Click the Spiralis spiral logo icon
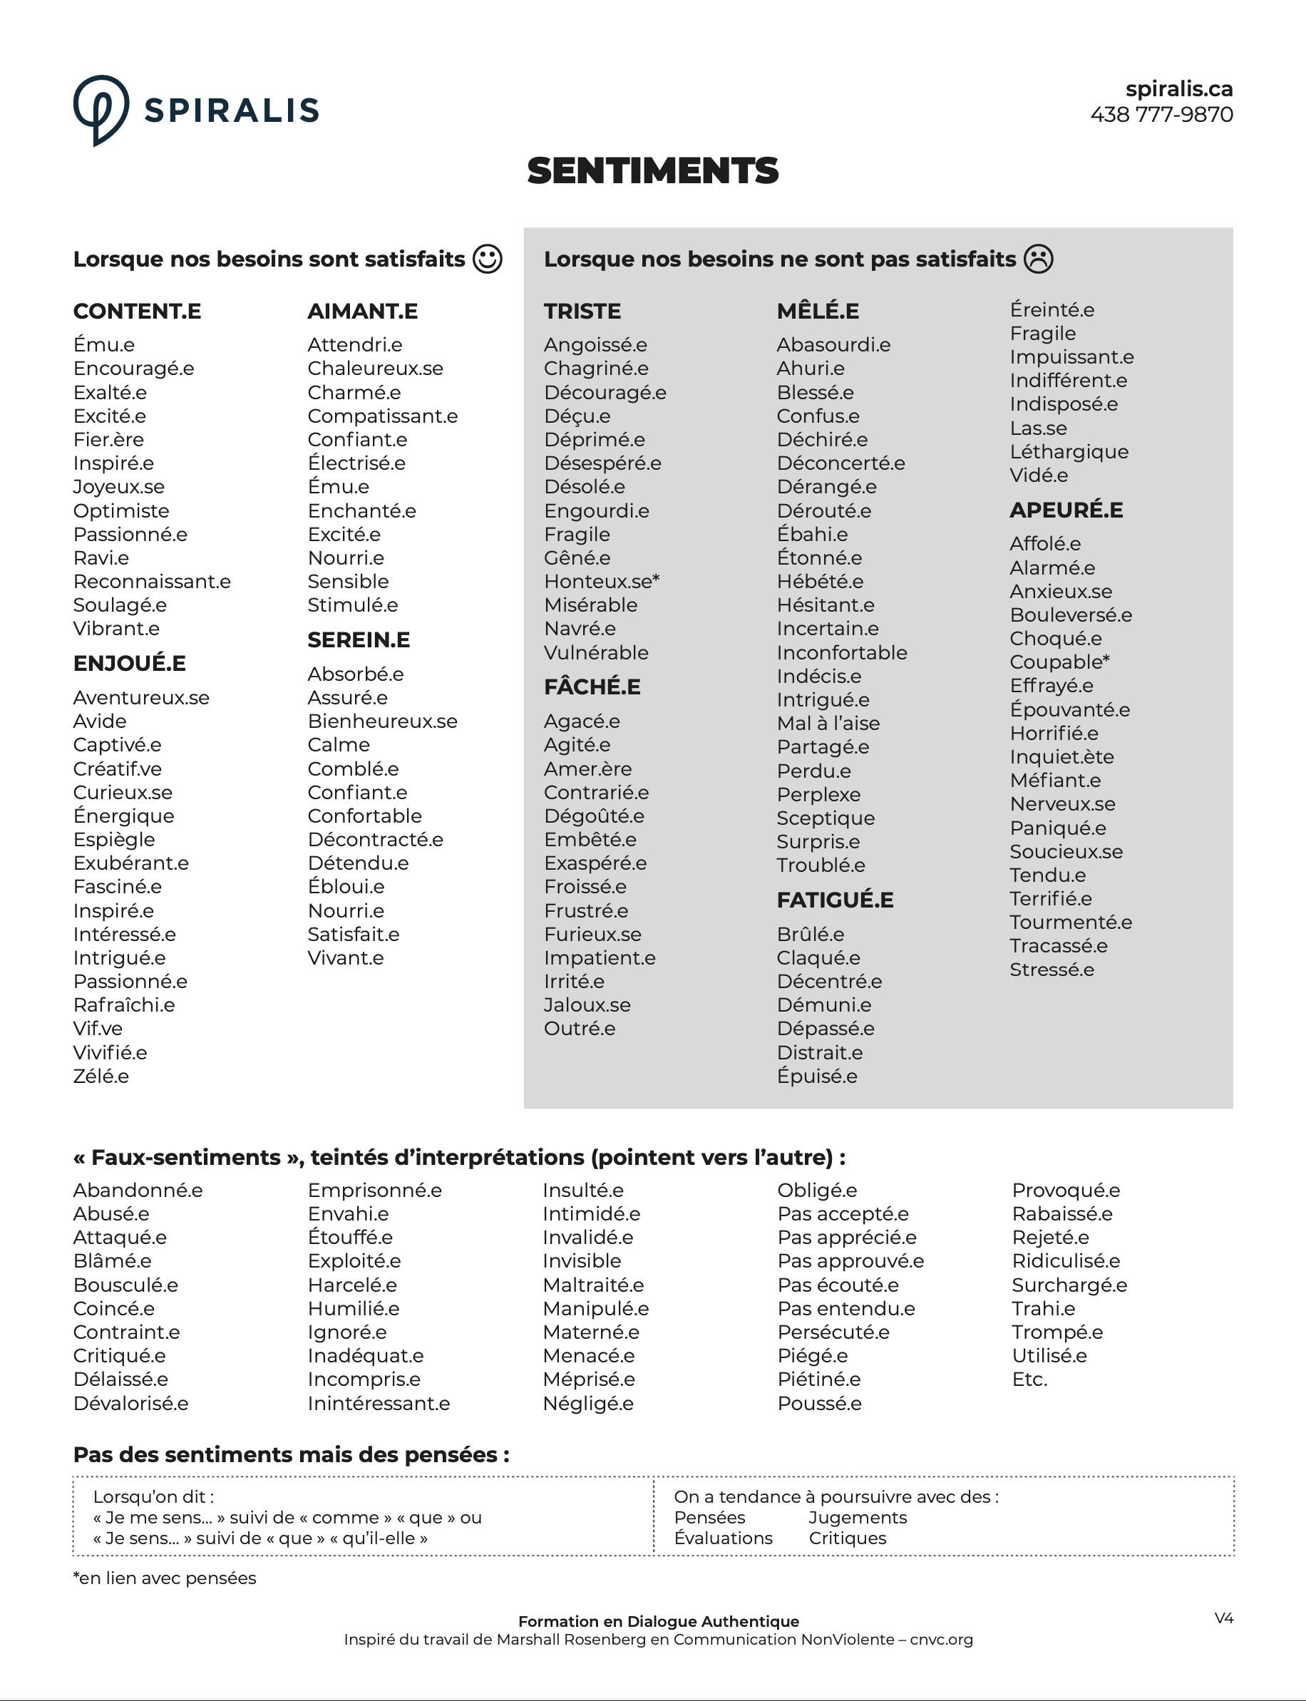(x=101, y=110)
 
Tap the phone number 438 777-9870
(x=1161, y=114)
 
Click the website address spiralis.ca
(x=1178, y=88)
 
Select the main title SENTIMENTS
(x=652, y=171)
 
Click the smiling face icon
(x=488, y=259)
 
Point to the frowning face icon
(x=1038, y=259)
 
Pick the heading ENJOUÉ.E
(x=129, y=663)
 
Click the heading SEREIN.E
(x=359, y=639)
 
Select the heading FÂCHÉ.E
(x=592, y=687)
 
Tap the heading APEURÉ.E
(x=1066, y=510)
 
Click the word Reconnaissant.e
(x=152, y=582)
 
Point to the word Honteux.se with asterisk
(x=601, y=582)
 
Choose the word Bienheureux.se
(x=381, y=721)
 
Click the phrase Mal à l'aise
(x=828, y=724)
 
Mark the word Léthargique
(x=1068, y=452)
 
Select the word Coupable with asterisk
(x=1059, y=662)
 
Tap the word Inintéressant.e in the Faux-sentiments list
(x=378, y=1403)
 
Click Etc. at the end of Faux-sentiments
(x=1029, y=1380)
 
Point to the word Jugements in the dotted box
(x=858, y=1518)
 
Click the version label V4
(x=1223, y=1618)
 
